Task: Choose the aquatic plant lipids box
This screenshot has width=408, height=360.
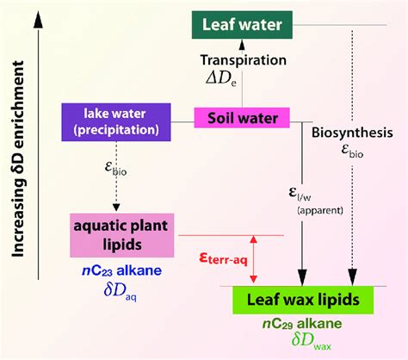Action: point(129,234)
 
